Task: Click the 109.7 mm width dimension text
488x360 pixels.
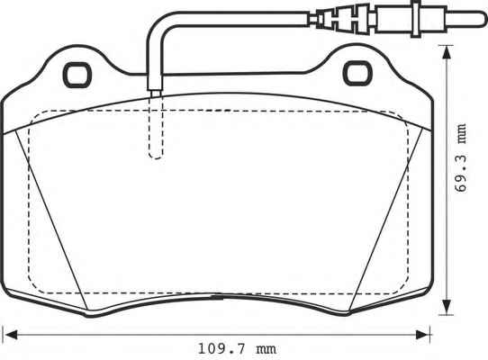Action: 237,349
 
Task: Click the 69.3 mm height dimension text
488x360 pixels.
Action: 460,157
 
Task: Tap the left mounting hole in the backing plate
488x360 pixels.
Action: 77,75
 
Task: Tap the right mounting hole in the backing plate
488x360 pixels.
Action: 357,74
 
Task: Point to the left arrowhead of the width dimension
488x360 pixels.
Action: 11,335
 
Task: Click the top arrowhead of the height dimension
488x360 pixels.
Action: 447,52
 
